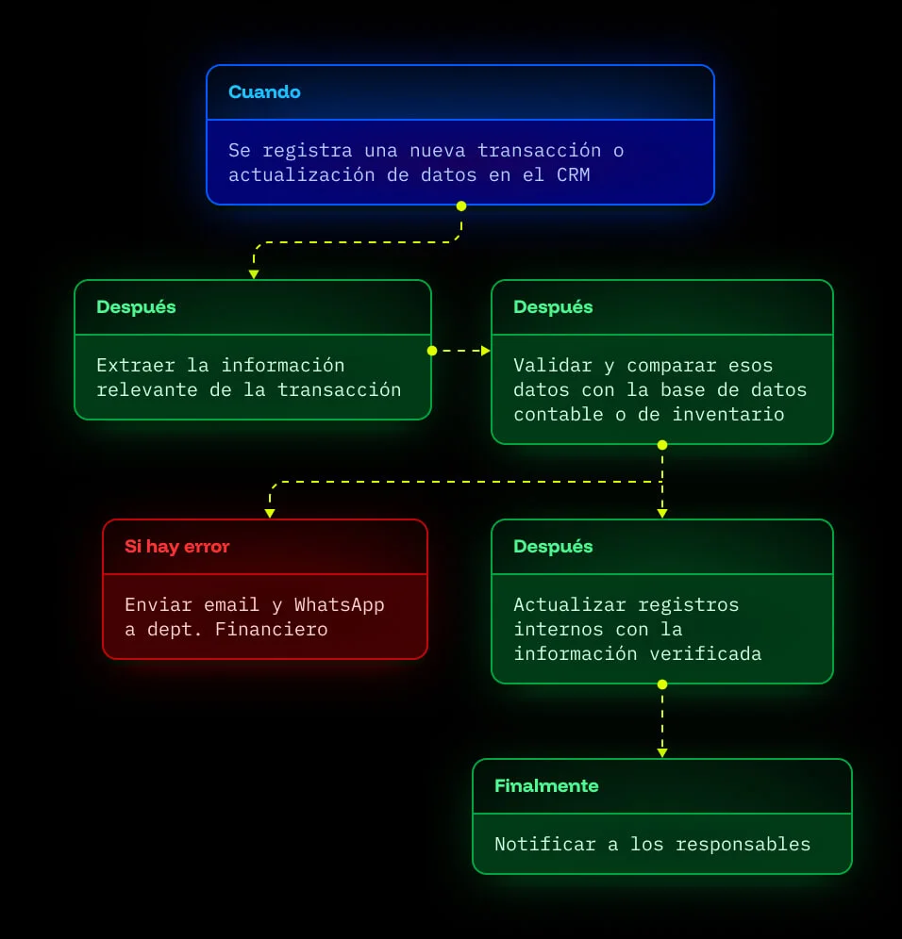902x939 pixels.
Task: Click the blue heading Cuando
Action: click(x=264, y=91)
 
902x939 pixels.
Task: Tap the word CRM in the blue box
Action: click(x=574, y=174)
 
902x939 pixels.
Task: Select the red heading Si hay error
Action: click(x=176, y=546)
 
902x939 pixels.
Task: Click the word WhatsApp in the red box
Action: click(x=340, y=605)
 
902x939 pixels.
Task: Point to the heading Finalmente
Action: click(x=546, y=785)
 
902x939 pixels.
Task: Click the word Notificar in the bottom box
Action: click(x=544, y=845)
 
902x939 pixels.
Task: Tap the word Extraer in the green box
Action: click(x=136, y=365)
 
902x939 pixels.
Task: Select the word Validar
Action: click(x=553, y=365)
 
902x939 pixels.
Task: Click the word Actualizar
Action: click(x=569, y=605)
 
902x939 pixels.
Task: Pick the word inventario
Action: click(x=727, y=415)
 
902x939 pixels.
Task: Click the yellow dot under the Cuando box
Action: click(x=460, y=206)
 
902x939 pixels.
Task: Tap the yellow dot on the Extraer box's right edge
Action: click(x=432, y=351)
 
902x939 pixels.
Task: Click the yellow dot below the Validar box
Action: click(x=662, y=445)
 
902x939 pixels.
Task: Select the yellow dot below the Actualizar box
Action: click(x=662, y=684)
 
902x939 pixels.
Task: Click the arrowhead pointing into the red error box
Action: click(x=270, y=513)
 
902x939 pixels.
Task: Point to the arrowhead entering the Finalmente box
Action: click(x=662, y=752)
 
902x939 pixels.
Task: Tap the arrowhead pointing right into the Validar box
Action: click(x=486, y=351)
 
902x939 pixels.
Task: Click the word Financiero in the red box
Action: click(x=271, y=630)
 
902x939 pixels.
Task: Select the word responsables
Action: click(x=743, y=845)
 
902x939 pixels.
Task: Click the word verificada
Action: click(x=706, y=654)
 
